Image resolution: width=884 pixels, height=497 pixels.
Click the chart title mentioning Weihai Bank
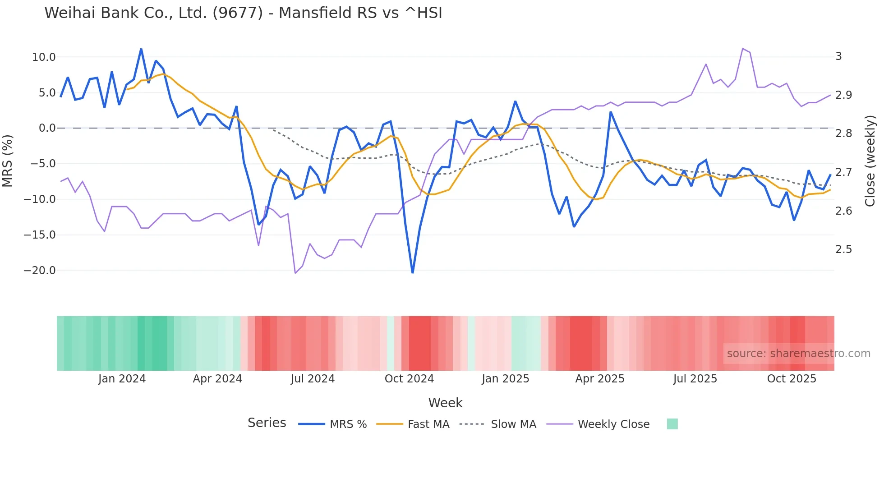(x=243, y=13)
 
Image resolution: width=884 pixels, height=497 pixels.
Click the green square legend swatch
(x=672, y=424)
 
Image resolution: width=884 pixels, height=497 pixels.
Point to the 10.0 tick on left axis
(x=44, y=57)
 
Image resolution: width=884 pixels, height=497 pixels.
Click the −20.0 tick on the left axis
(x=40, y=271)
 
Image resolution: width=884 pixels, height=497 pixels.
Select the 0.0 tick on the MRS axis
(x=47, y=128)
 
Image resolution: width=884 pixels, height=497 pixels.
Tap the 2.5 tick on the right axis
(x=843, y=249)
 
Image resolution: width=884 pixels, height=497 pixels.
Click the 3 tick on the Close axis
(x=839, y=56)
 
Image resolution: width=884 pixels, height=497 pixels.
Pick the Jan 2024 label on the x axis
(x=122, y=379)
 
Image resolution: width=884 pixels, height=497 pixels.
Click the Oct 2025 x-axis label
(x=792, y=379)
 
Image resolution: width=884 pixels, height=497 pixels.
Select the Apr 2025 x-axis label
(x=600, y=379)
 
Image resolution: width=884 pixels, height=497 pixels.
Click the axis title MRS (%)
(x=7, y=161)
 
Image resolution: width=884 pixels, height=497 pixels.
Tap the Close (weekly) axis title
(x=870, y=161)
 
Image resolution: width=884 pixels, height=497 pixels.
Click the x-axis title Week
(x=445, y=403)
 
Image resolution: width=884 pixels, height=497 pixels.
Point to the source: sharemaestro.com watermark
(x=798, y=354)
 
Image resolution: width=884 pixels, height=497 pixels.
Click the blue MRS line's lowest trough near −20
(x=413, y=272)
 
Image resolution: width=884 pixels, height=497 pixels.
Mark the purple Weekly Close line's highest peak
(x=742, y=48)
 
